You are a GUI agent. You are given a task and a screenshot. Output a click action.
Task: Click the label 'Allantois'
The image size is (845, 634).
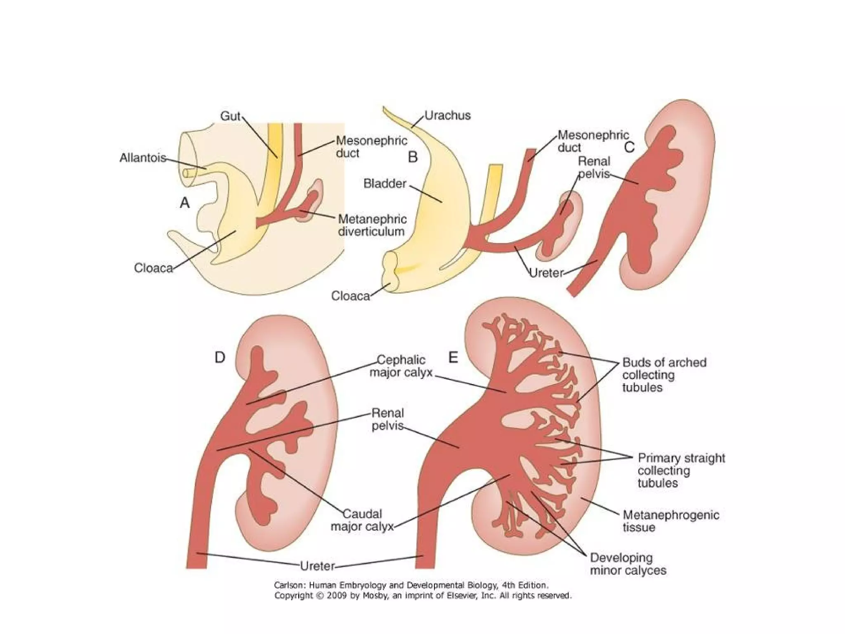pyautogui.click(x=143, y=158)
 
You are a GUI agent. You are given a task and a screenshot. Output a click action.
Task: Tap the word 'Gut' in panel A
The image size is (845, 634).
pyautogui.click(x=230, y=116)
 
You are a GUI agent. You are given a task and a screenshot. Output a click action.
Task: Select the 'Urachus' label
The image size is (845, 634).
pyautogui.click(x=447, y=115)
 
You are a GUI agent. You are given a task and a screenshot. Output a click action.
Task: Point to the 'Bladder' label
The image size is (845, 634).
pyautogui.click(x=385, y=184)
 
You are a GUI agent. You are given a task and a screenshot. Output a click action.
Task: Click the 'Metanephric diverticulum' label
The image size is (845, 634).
pyautogui.click(x=372, y=225)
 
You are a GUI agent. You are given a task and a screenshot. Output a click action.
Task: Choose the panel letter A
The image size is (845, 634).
pyautogui.click(x=184, y=203)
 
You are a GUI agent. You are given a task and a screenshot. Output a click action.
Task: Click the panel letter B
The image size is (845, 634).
pyautogui.click(x=413, y=157)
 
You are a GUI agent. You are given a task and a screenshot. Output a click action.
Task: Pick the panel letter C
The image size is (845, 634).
pyautogui.click(x=629, y=147)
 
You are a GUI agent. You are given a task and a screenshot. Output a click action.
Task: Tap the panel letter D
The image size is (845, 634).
pyautogui.click(x=220, y=357)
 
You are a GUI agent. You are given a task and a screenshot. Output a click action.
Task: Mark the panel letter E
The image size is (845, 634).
pyautogui.click(x=453, y=357)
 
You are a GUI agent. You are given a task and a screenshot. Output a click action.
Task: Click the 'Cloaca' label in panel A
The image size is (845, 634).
pyautogui.click(x=153, y=268)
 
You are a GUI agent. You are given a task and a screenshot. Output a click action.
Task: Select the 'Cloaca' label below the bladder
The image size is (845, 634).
pyautogui.click(x=350, y=296)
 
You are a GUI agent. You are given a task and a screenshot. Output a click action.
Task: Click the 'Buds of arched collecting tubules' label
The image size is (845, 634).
pyautogui.click(x=664, y=375)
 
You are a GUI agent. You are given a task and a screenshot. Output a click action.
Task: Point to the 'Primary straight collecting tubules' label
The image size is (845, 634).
pyautogui.click(x=681, y=471)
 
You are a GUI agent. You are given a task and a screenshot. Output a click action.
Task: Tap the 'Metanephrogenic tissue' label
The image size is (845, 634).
pyautogui.click(x=671, y=521)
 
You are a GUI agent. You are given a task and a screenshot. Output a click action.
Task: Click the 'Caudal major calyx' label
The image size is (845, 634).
pyautogui.click(x=362, y=520)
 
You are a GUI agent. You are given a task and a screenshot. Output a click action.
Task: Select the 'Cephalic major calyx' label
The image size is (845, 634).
pyautogui.click(x=401, y=366)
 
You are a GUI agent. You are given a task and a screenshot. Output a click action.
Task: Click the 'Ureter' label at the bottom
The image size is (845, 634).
pyautogui.click(x=317, y=566)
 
